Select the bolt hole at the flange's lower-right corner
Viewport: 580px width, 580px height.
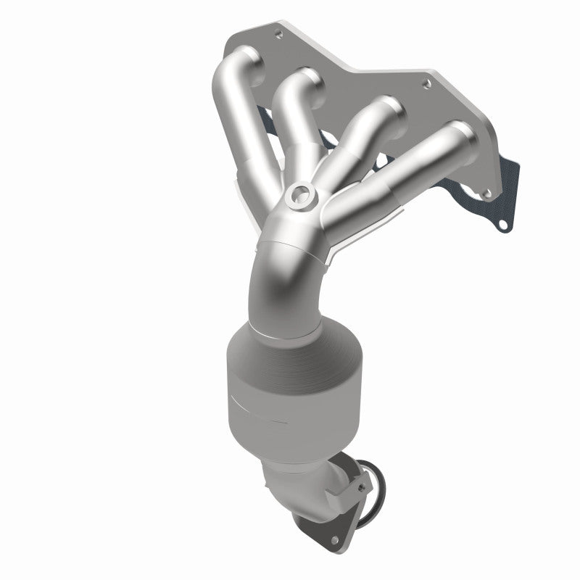tap(486, 193)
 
